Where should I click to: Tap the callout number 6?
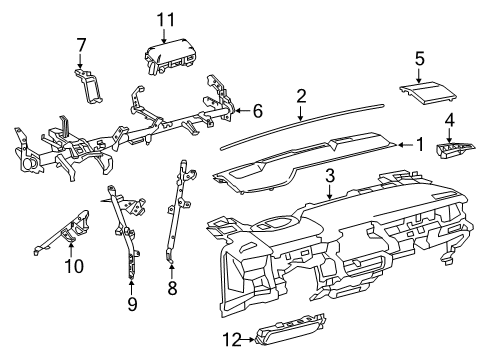pyautogui.click(x=256, y=111)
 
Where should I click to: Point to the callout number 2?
pyautogui.click(x=300, y=96)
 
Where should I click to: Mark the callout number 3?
pyautogui.click(x=329, y=176)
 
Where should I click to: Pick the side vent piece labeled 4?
pyautogui.click(x=454, y=151)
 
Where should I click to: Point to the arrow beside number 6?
pyautogui.click(x=241, y=111)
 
